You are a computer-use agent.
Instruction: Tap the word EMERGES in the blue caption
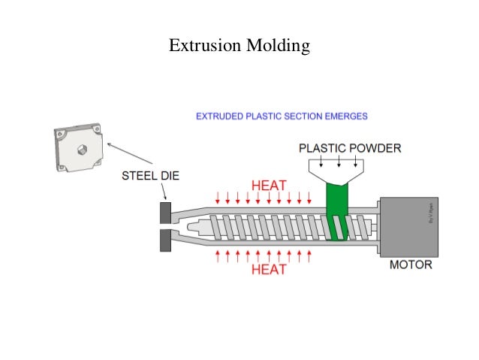tap(342, 116)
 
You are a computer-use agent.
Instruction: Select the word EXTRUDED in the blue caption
tap(224, 116)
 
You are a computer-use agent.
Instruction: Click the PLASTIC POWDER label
tap(349, 147)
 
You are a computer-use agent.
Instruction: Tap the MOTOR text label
tap(410, 265)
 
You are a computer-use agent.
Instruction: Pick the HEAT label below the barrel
tap(268, 269)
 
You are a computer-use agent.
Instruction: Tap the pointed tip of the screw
tap(198, 226)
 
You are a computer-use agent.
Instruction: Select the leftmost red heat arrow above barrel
tap(218, 198)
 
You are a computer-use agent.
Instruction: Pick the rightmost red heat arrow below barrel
tap(309, 256)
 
